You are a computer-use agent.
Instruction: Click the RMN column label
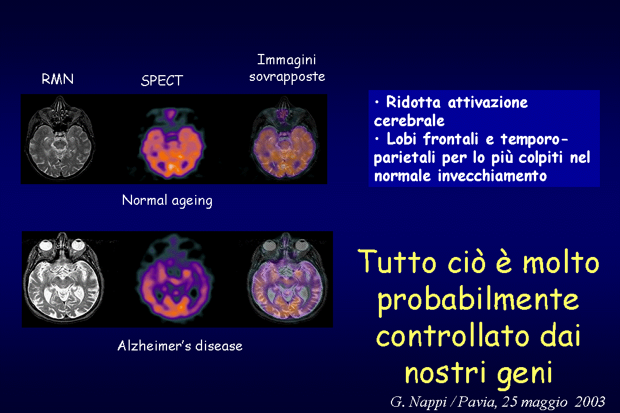pyautogui.click(x=58, y=79)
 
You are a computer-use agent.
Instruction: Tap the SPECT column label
pyautogui.click(x=162, y=81)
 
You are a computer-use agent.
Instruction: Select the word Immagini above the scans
pyautogui.click(x=286, y=60)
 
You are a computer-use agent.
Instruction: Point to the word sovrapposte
pyautogui.click(x=287, y=77)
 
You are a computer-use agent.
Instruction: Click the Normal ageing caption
pyautogui.click(x=167, y=200)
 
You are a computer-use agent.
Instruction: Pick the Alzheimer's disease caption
pyautogui.click(x=180, y=346)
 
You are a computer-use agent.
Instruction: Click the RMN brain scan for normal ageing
pyautogui.click(x=60, y=138)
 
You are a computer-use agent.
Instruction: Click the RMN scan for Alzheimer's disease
pyautogui.click(x=63, y=278)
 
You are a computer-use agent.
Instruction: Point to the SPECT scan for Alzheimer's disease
pyautogui.click(x=173, y=278)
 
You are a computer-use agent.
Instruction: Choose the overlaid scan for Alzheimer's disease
pyautogui.click(x=286, y=278)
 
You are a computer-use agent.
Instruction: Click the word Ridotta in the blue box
pyautogui.click(x=413, y=102)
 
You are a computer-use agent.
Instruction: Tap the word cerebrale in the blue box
pyautogui.click(x=409, y=121)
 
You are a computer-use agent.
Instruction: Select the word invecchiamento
pyautogui.click(x=493, y=176)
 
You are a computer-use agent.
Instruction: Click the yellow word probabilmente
pyautogui.click(x=478, y=299)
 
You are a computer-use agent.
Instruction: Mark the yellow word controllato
pyautogui.click(x=453, y=336)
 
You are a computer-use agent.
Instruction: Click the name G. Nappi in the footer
pyautogui.click(x=418, y=402)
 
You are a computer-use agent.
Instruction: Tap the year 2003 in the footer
pyautogui.click(x=590, y=401)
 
